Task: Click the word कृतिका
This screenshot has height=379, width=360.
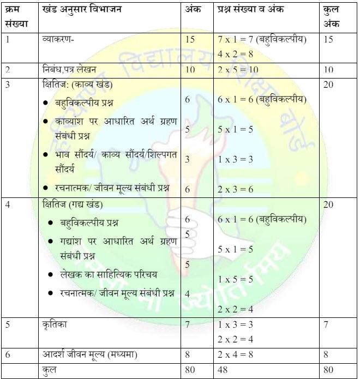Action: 56,324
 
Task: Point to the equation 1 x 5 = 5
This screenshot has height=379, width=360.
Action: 235,279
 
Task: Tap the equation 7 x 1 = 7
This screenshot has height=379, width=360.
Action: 236,40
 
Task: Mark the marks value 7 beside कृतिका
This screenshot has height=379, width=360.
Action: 188,324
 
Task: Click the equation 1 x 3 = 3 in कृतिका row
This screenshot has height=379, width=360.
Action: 235,324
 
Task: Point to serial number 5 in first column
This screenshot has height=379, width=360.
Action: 8,324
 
